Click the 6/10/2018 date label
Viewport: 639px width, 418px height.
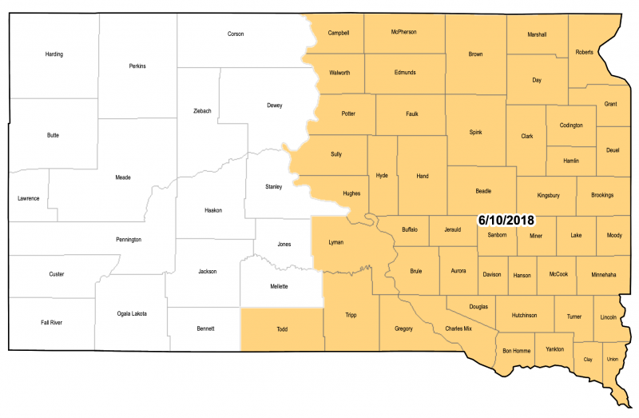(x=506, y=219)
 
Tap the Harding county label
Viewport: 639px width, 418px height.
(x=54, y=54)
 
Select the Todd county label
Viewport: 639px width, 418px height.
(x=282, y=328)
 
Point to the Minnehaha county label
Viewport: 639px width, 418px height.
(x=604, y=274)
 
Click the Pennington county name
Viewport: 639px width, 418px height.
(x=129, y=239)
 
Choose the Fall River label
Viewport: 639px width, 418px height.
(x=51, y=322)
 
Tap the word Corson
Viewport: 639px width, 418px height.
(x=236, y=34)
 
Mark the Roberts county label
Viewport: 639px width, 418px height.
(x=584, y=52)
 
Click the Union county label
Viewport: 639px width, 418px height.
(x=613, y=359)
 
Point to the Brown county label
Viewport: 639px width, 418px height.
(x=475, y=54)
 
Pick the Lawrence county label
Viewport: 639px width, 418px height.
(x=28, y=197)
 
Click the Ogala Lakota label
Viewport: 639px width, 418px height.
(x=131, y=313)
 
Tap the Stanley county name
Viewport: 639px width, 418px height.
(x=274, y=186)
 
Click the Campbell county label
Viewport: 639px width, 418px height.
(x=339, y=33)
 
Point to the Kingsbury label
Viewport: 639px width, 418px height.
(x=549, y=194)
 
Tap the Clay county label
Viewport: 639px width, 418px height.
(x=588, y=359)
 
